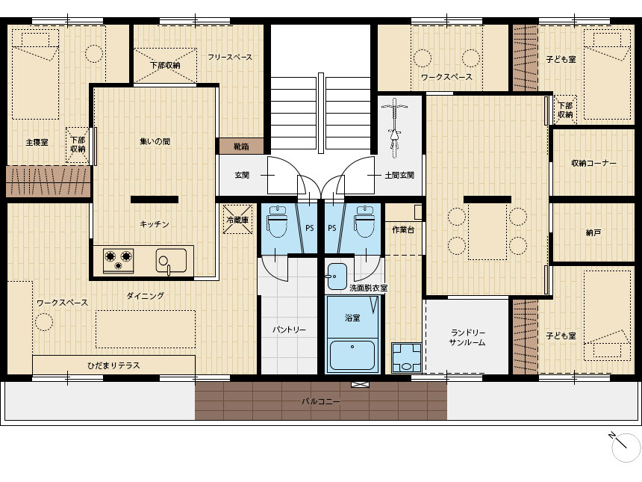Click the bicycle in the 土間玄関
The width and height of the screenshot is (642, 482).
click(x=394, y=128)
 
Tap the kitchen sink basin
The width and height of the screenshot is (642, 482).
click(x=171, y=260)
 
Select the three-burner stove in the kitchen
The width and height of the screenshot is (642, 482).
click(x=119, y=261)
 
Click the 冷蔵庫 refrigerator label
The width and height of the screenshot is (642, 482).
click(x=237, y=220)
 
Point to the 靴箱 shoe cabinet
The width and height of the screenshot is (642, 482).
click(x=241, y=146)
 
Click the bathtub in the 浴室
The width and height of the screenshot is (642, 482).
click(x=352, y=356)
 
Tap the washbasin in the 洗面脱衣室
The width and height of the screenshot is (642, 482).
click(x=337, y=276)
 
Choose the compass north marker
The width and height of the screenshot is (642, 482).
click(x=624, y=446)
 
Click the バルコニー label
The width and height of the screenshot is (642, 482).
click(x=320, y=401)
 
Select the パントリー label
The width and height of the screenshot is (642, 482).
click(x=289, y=330)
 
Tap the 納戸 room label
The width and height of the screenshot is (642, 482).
click(x=593, y=232)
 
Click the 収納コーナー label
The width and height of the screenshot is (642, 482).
click(x=593, y=163)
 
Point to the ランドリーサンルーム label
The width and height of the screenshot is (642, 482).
click(x=467, y=337)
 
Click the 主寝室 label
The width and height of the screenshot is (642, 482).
click(x=37, y=142)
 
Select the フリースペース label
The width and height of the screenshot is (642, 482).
click(x=230, y=57)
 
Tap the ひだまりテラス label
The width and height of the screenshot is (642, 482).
click(x=113, y=365)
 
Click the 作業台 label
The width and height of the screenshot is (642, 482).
click(x=403, y=229)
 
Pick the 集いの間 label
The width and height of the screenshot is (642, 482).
click(x=155, y=141)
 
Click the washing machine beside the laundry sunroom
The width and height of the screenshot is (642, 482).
click(x=406, y=357)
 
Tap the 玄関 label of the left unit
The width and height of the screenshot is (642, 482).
click(x=242, y=175)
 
